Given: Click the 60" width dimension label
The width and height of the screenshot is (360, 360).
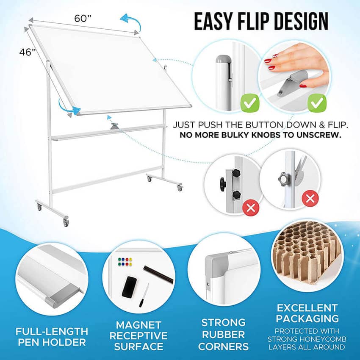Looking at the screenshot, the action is (x=83, y=18).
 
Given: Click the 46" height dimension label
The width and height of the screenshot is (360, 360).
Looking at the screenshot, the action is (x=28, y=52).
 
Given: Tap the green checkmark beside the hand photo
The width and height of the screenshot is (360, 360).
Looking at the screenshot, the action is (x=317, y=103).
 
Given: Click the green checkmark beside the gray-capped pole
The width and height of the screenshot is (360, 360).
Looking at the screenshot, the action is (x=250, y=103).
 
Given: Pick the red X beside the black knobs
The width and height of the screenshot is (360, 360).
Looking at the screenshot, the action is (x=251, y=208).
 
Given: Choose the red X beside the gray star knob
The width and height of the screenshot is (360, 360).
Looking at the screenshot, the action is (x=310, y=198).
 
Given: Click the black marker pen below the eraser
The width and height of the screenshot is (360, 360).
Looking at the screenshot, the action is (x=144, y=296).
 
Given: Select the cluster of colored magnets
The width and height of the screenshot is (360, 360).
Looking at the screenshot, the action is (x=125, y=262).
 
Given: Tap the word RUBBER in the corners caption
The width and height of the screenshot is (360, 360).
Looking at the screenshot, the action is (x=223, y=335).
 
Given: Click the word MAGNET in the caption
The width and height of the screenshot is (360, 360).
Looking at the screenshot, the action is (x=138, y=325).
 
